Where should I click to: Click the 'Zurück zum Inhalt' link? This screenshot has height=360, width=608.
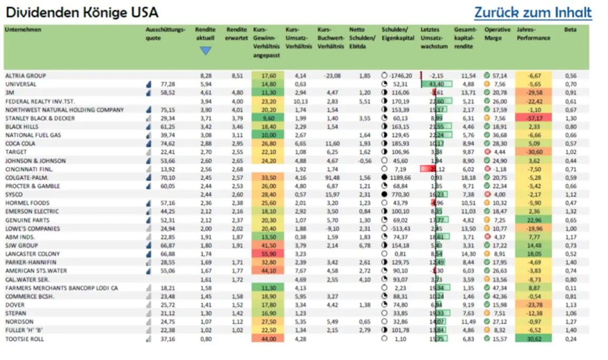click(533, 13)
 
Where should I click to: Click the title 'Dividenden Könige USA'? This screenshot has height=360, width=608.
click(82, 13)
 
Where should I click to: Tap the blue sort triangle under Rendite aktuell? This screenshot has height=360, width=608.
click(205, 51)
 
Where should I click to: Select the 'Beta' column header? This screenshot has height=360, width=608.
click(570, 30)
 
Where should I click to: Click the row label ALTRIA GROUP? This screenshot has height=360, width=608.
click(26, 76)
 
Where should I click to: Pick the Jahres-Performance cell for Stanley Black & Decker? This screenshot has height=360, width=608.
click(533, 119)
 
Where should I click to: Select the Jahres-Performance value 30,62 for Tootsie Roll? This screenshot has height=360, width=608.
click(533, 339)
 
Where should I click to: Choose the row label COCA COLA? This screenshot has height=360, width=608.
click(21, 144)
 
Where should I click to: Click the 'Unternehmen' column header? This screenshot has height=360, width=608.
click(23, 30)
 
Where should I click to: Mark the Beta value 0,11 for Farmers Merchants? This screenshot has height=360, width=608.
click(570, 288)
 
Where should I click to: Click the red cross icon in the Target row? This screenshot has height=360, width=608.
click(487, 152)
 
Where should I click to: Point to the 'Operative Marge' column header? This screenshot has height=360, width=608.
click(497, 34)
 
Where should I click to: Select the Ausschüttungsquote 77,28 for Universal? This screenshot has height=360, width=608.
click(168, 84)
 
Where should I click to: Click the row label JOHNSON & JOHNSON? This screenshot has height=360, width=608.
click(35, 161)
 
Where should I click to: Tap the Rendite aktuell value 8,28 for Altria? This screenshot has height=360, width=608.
click(206, 76)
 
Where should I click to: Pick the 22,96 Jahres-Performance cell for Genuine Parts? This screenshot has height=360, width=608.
click(533, 220)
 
